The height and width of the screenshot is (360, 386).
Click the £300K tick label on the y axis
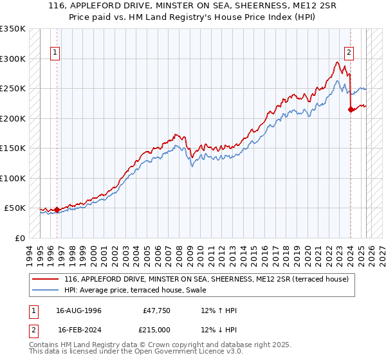click(13, 59)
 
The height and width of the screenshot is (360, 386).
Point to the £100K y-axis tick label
click(13, 178)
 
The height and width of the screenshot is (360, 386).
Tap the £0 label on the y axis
click(19, 238)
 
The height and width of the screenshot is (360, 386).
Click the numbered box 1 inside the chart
click(55, 53)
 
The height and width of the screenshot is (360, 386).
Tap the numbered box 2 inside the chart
click(349, 53)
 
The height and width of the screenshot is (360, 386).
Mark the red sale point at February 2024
click(351, 110)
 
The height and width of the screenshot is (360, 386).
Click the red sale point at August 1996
click(57, 210)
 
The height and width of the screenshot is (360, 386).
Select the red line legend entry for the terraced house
click(206, 279)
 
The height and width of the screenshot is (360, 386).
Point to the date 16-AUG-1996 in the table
click(78, 310)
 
